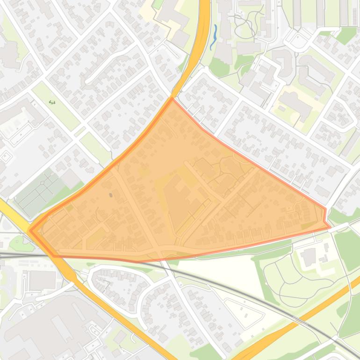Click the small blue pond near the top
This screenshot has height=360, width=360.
pos(214,36)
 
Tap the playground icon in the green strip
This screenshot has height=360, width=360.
pos(52,102)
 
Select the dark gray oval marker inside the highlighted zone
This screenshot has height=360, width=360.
pos(111,195)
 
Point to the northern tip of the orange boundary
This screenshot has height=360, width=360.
pos(172,99)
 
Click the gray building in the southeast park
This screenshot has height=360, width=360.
pos(309,257)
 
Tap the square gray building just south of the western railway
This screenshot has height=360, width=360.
pos(42,280)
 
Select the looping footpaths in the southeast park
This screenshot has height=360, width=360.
pos(290,281)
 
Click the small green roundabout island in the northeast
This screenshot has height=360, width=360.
pos(296,42)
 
